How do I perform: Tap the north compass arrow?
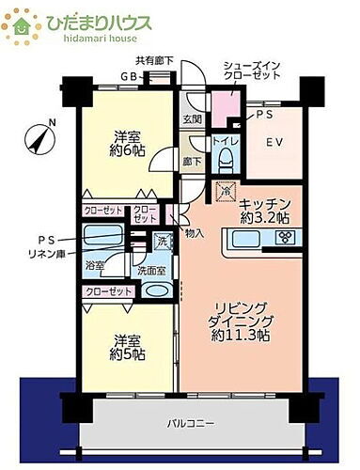coord(38,138)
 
